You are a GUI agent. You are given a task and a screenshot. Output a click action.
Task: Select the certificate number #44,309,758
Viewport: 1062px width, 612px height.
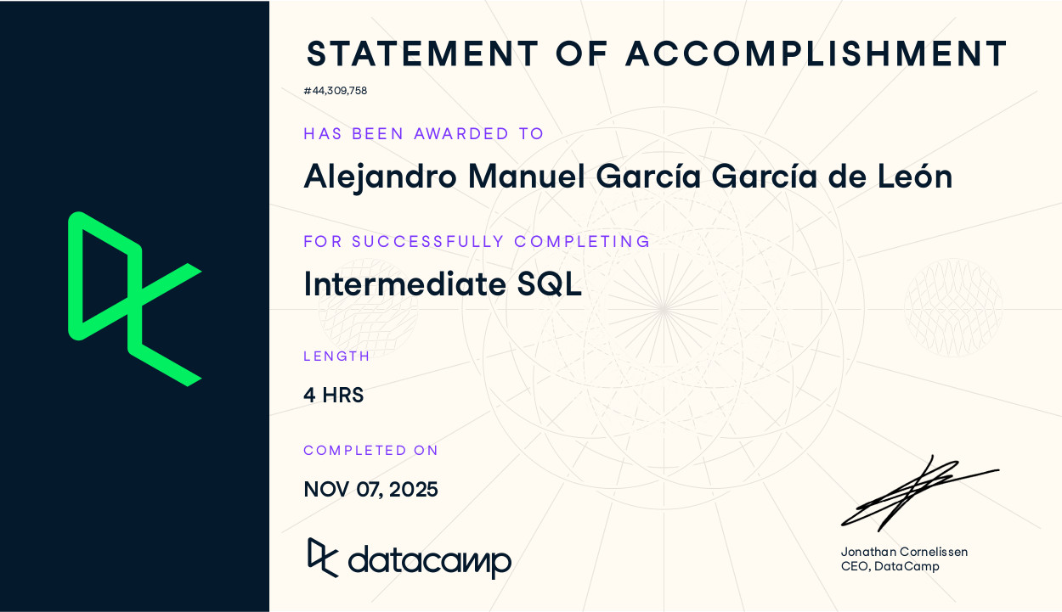(x=335, y=91)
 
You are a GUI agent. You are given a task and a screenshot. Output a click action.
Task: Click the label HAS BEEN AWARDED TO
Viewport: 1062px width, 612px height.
(x=424, y=133)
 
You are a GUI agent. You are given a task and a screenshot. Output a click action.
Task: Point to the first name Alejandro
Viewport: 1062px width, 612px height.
(x=380, y=177)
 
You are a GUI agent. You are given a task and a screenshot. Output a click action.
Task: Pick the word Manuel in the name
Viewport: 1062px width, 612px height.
(x=527, y=177)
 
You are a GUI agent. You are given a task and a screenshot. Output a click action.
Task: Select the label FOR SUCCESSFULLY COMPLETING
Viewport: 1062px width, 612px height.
(x=477, y=241)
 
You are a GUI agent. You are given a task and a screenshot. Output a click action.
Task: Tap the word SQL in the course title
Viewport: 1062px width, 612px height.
(x=550, y=284)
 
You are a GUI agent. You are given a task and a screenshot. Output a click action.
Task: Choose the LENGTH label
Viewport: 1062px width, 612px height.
(x=336, y=357)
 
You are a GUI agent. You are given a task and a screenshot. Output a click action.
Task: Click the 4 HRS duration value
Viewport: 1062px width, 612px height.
(x=333, y=396)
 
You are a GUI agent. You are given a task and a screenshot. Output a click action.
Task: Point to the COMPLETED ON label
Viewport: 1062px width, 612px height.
(x=370, y=451)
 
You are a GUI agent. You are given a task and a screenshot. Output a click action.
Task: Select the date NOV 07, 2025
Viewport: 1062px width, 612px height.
(x=370, y=490)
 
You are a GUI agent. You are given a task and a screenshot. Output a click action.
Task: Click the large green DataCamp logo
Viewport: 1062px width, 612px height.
(x=133, y=299)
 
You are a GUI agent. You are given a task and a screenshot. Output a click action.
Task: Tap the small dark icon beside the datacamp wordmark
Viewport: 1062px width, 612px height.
(x=323, y=557)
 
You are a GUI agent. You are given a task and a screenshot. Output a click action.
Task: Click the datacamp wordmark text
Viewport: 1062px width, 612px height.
(x=429, y=561)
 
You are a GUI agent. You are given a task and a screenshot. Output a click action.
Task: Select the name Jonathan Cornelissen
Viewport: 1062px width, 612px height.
(x=904, y=552)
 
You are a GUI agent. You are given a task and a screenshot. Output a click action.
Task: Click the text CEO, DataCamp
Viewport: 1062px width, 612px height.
(x=890, y=566)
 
